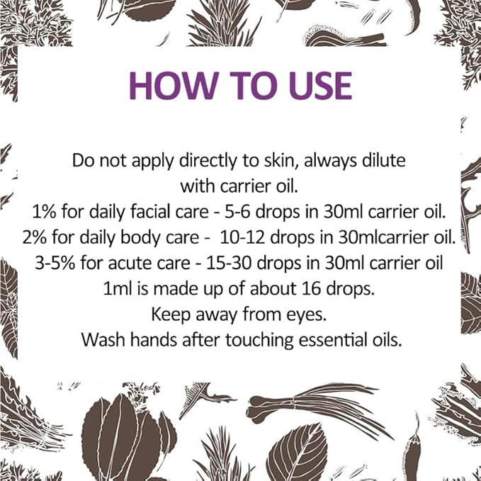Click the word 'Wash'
(101, 339)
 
